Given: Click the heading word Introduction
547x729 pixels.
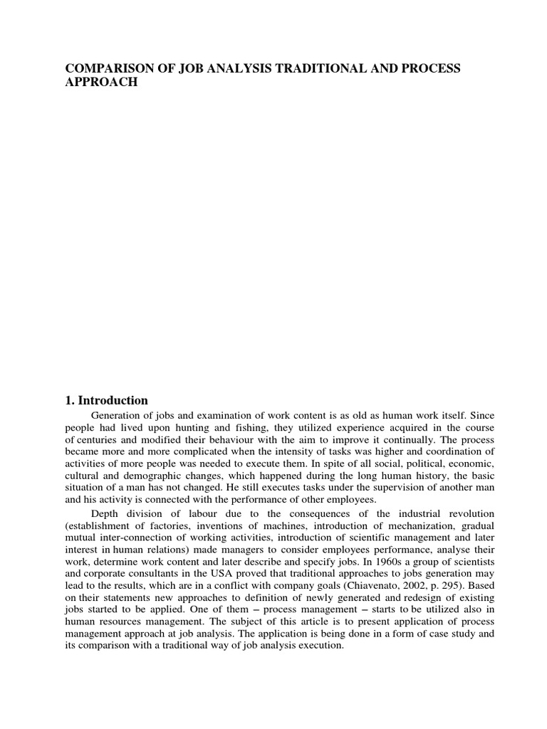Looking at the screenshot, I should pyautogui.click(x=114, y=400).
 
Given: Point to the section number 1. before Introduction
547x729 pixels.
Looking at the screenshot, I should pyautogui.click(x=71, y=400).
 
